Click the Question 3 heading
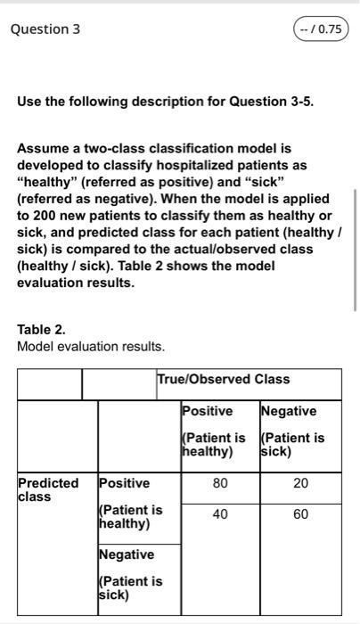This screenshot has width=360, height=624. point(45,29)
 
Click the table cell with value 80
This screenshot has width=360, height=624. point(220,482)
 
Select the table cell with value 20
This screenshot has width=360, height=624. point(300,482)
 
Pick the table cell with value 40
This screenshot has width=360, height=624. point(220,514)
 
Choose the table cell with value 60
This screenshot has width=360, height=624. point(300,514)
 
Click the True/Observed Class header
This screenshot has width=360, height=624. point(223,379)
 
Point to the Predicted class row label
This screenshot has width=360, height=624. point(47,489)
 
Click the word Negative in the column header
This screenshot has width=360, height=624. point(289,411)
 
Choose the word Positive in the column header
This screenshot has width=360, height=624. point(207,411)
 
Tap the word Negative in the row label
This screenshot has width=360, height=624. point(126,554)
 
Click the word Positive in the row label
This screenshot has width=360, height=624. point(124,482)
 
